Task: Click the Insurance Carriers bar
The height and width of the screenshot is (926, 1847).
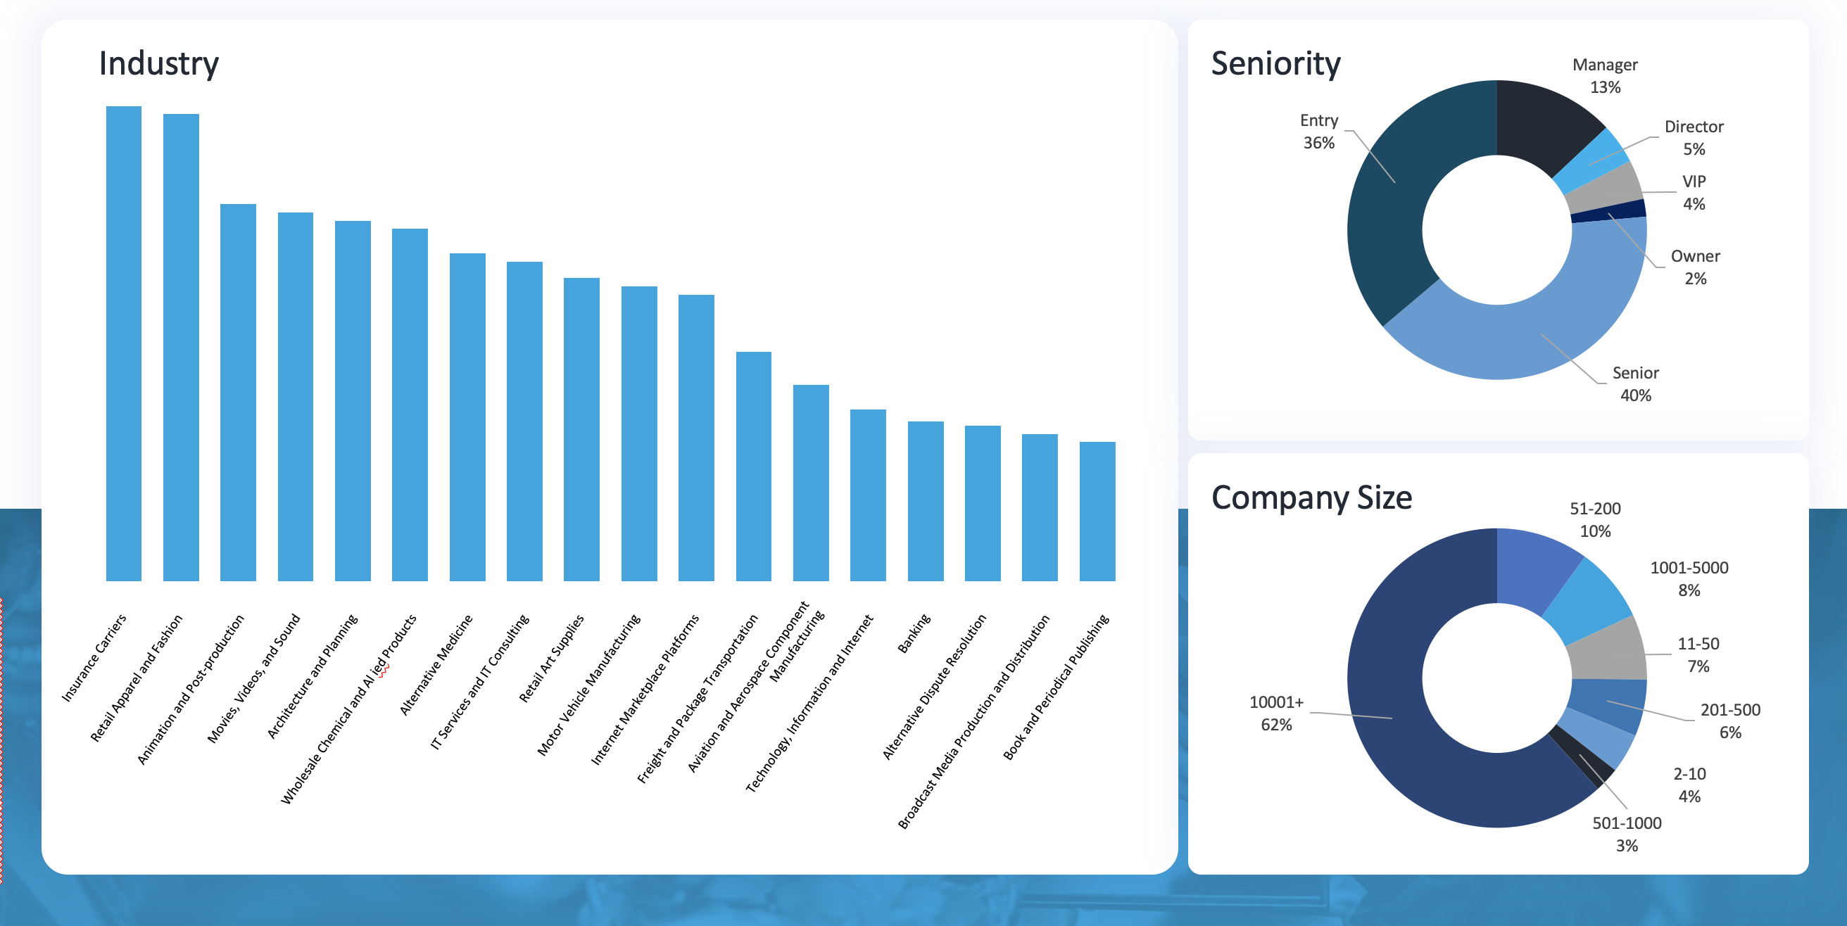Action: (123, 344)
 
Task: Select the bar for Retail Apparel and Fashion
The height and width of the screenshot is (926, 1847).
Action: (181, 348)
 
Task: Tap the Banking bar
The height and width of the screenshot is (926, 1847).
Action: (925, 501)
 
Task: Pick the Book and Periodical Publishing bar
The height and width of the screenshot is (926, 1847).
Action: (1097, 511)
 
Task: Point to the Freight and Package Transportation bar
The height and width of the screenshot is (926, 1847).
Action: (754, 466)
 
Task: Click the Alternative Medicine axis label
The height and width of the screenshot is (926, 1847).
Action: (436, 664)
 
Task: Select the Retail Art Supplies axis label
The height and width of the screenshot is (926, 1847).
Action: (551, 658)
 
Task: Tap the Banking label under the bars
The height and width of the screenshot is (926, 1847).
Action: (914, 633)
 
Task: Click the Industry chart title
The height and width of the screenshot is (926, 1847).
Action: (158, 63)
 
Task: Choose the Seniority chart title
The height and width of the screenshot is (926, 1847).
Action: (1275, 63)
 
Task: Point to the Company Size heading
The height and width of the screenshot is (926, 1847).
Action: (1311, 497)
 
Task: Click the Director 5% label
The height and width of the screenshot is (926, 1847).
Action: (1694, 138)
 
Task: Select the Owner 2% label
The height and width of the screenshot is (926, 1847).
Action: (1695, 267)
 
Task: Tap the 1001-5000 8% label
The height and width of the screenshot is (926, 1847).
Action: (1689, 578)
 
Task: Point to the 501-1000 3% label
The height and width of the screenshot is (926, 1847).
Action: (1626, 835)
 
